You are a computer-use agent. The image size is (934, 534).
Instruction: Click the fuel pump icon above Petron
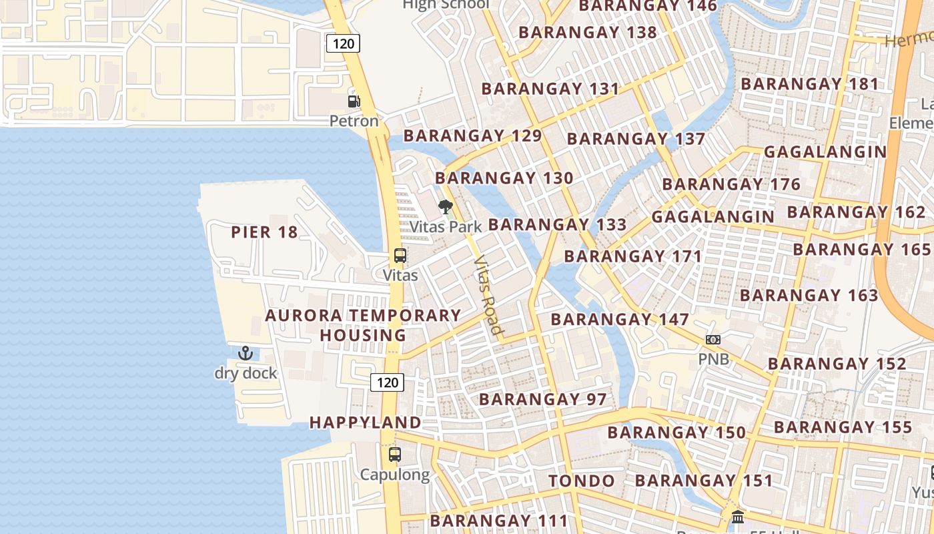[x=354, y=101]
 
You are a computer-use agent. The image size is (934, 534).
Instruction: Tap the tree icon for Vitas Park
[x=445, y=207]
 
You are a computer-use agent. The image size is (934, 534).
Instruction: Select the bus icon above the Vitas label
[x=400, y=256]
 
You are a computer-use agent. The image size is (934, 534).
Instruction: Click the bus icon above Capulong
[x=395, y=455]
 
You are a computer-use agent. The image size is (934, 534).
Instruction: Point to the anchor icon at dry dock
[x=246, y=353]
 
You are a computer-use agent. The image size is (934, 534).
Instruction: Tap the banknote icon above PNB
[x=713, y=340]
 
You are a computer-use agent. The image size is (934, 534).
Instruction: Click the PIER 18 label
[x=264, y=232]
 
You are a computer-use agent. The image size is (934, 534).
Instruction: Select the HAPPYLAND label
[x=366, y=423]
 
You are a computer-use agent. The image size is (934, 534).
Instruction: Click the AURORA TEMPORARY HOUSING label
[x=364, y=325]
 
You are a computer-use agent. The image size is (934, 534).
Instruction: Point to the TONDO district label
[x=582, y=481]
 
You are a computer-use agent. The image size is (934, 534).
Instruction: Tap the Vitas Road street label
[x=488, y=294]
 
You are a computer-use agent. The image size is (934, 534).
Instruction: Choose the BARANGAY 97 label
[x=543, y=400]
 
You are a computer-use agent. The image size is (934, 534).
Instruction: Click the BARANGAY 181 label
[x=810, y=84]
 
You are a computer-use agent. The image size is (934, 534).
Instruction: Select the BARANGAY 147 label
[x=620, y=319]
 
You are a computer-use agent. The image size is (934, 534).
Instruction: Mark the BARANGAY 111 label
[x=499, y=521]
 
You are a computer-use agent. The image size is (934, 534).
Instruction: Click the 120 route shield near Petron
[x=343, y=44]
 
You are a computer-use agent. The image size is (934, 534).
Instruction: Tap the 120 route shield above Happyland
[x=387, y=382]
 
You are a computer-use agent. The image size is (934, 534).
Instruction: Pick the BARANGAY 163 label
[x=809, y=295]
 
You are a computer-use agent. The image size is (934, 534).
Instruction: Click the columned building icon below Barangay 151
[x=738, y=517]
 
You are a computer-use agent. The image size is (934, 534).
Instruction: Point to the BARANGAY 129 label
[x=473, y=136]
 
